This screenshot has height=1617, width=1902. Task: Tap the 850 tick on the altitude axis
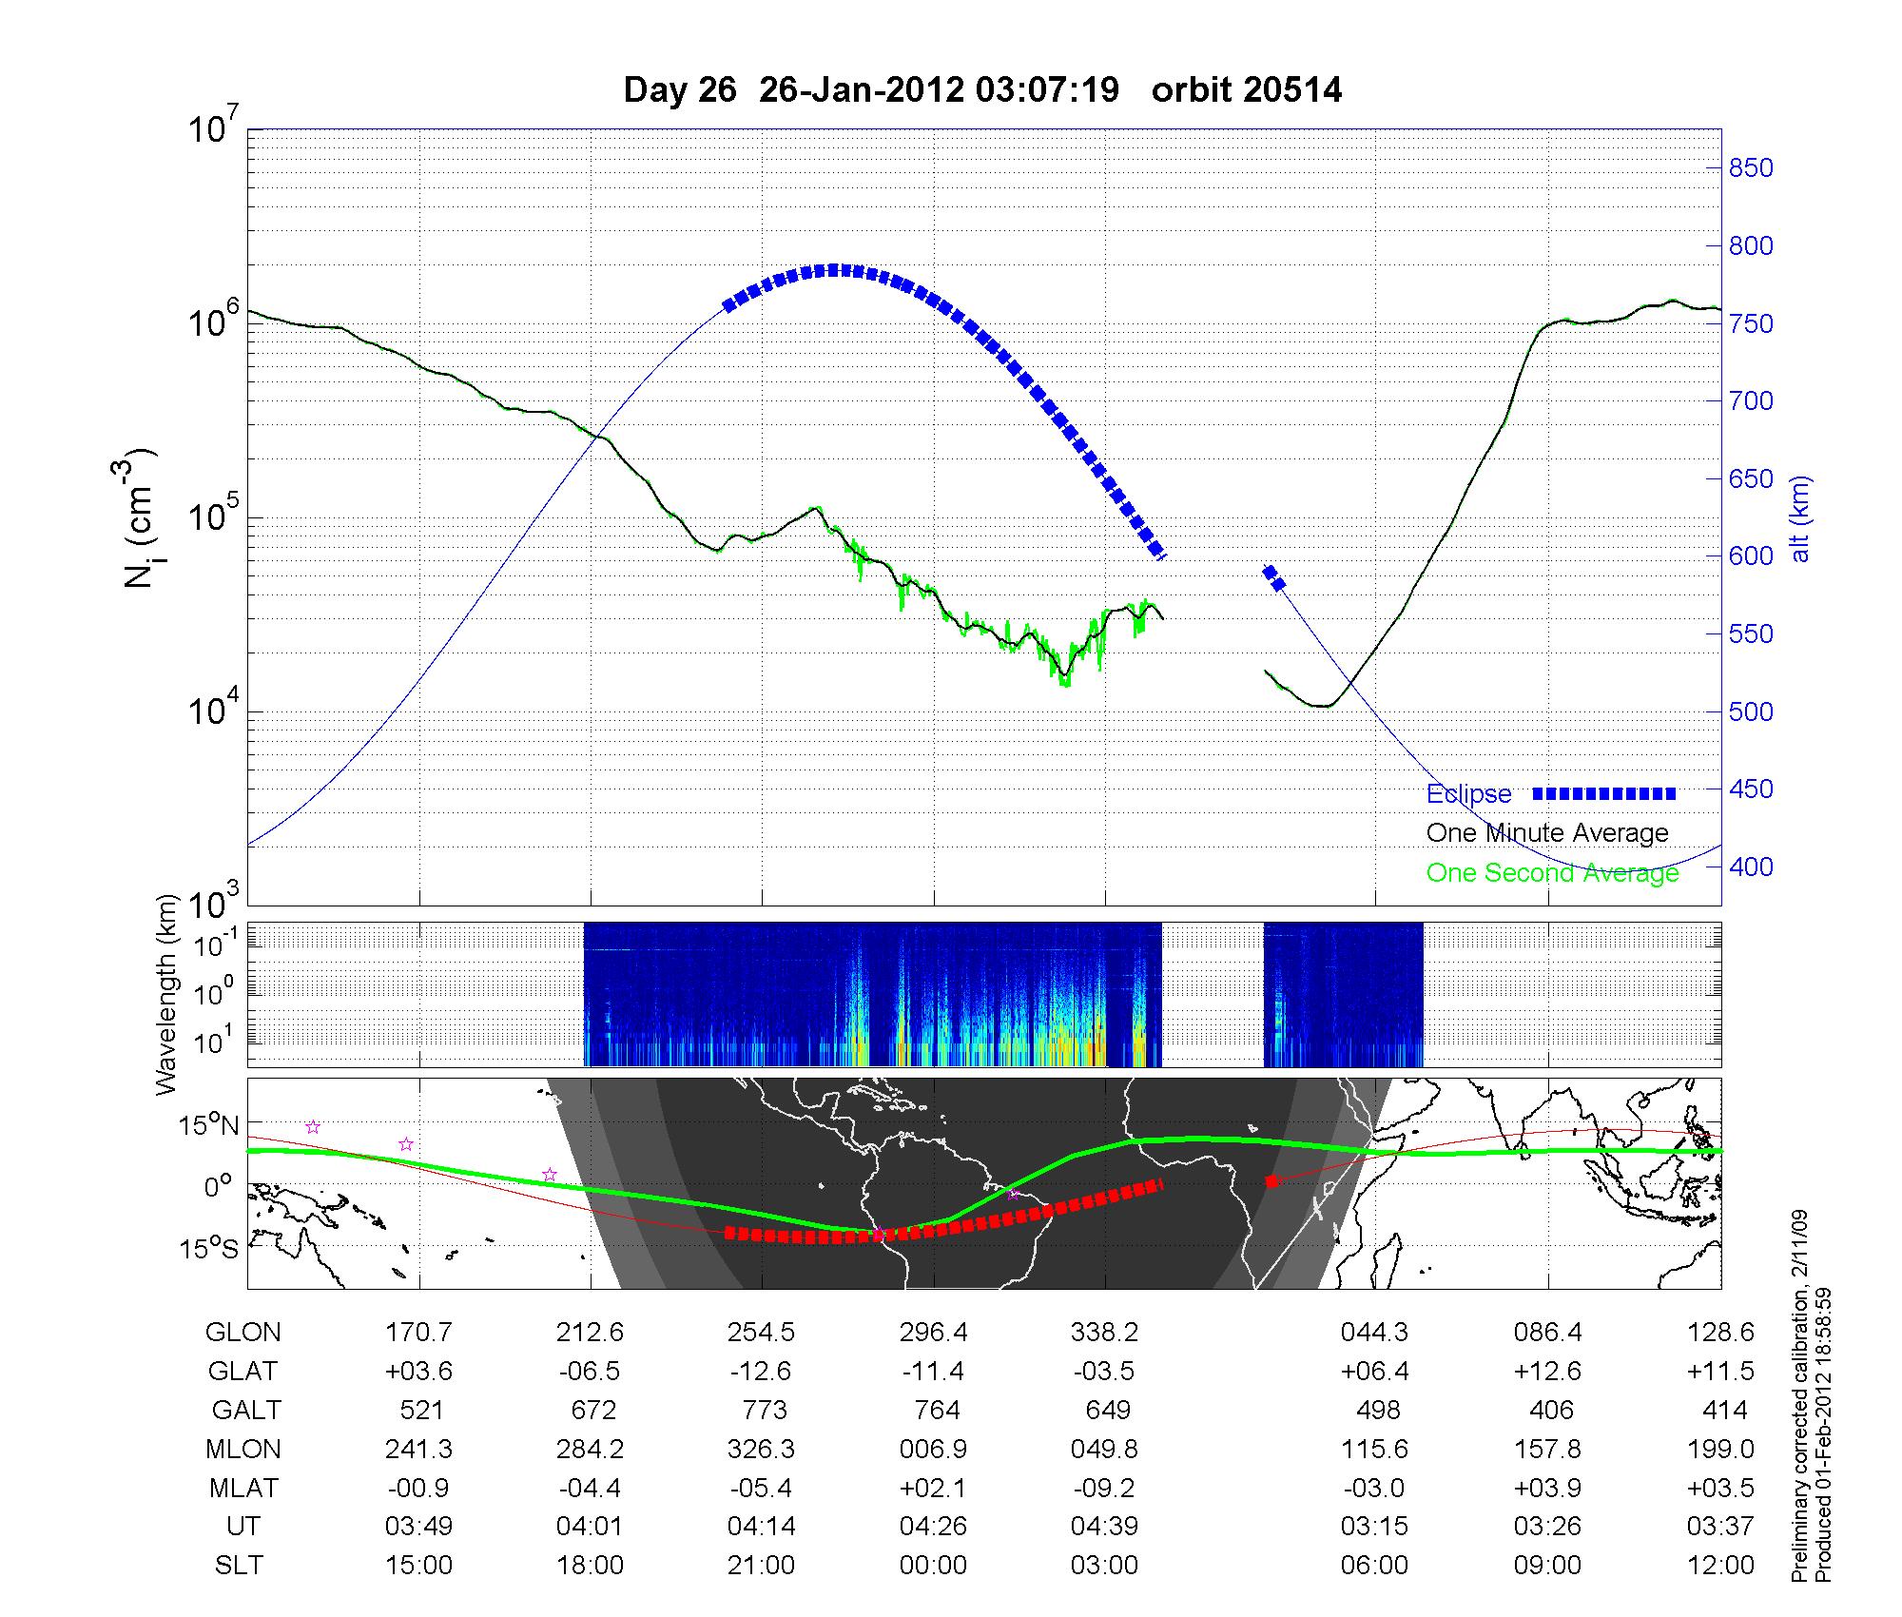coord(1750,168)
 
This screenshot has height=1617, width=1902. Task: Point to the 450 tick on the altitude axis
coord(1750,789)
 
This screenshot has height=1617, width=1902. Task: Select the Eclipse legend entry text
coord(1468,794)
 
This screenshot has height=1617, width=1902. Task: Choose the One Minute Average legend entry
coord(1547,833)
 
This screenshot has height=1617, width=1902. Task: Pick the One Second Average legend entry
coord(1552,872)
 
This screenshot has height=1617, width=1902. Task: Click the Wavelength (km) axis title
coord(168,994)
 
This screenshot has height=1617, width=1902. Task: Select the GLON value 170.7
coord(418,1333)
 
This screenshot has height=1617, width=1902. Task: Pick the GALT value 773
coord(764,1410)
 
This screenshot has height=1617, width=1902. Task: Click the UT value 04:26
coord(933,1526)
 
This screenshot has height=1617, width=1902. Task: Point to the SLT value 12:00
coord(1720,1565)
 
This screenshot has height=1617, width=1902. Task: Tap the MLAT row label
coord(243,1488)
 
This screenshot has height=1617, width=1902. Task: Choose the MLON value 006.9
coord(933,1449)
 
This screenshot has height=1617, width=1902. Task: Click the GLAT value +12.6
coord(1547,1372)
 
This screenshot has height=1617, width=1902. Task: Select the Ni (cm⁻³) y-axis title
coord(140,518)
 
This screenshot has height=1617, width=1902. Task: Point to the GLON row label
coord(243,1333)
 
